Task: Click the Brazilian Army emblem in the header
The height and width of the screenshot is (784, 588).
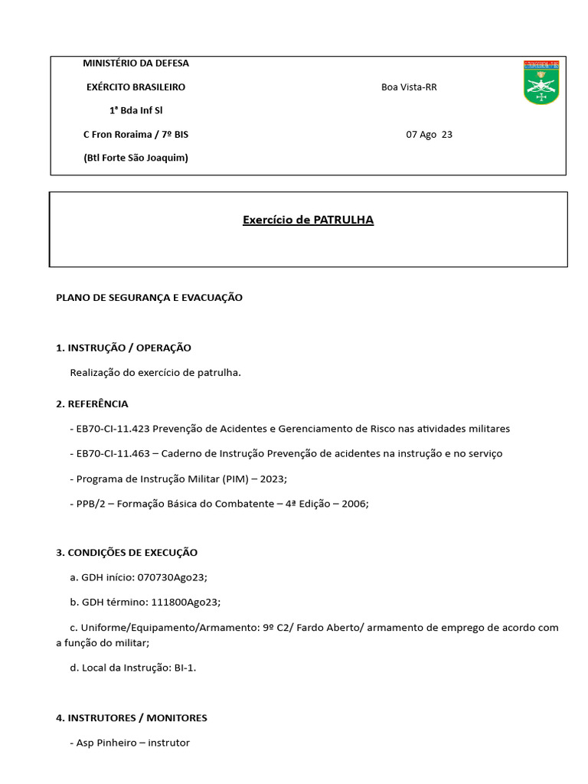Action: [541, 82]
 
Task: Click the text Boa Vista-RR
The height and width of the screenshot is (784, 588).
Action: [409, 87]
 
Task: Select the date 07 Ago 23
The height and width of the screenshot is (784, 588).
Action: [429, 135]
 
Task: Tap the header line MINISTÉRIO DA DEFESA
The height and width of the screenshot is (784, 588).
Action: [136, 64]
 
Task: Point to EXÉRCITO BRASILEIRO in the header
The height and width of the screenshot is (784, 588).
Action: [136, 87]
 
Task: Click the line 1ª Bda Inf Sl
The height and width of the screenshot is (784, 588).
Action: [136, 111]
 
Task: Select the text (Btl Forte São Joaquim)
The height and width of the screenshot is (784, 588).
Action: [136, 158]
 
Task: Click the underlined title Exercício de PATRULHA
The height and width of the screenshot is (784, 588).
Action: [308, 220]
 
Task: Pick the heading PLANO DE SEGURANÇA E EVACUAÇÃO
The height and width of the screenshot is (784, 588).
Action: [149, 298]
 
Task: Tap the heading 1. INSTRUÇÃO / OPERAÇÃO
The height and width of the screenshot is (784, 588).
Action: [123, 348]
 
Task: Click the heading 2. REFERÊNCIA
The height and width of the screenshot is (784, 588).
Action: [92, 403]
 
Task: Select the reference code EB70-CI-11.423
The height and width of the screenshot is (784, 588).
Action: [113, 429]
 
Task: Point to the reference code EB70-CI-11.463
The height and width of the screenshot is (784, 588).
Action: [113, 454]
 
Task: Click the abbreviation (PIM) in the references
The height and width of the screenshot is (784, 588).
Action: [237, 479]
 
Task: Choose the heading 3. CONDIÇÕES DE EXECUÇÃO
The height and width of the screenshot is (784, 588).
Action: [126, 553]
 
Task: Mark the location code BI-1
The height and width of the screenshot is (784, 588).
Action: [184, 668]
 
